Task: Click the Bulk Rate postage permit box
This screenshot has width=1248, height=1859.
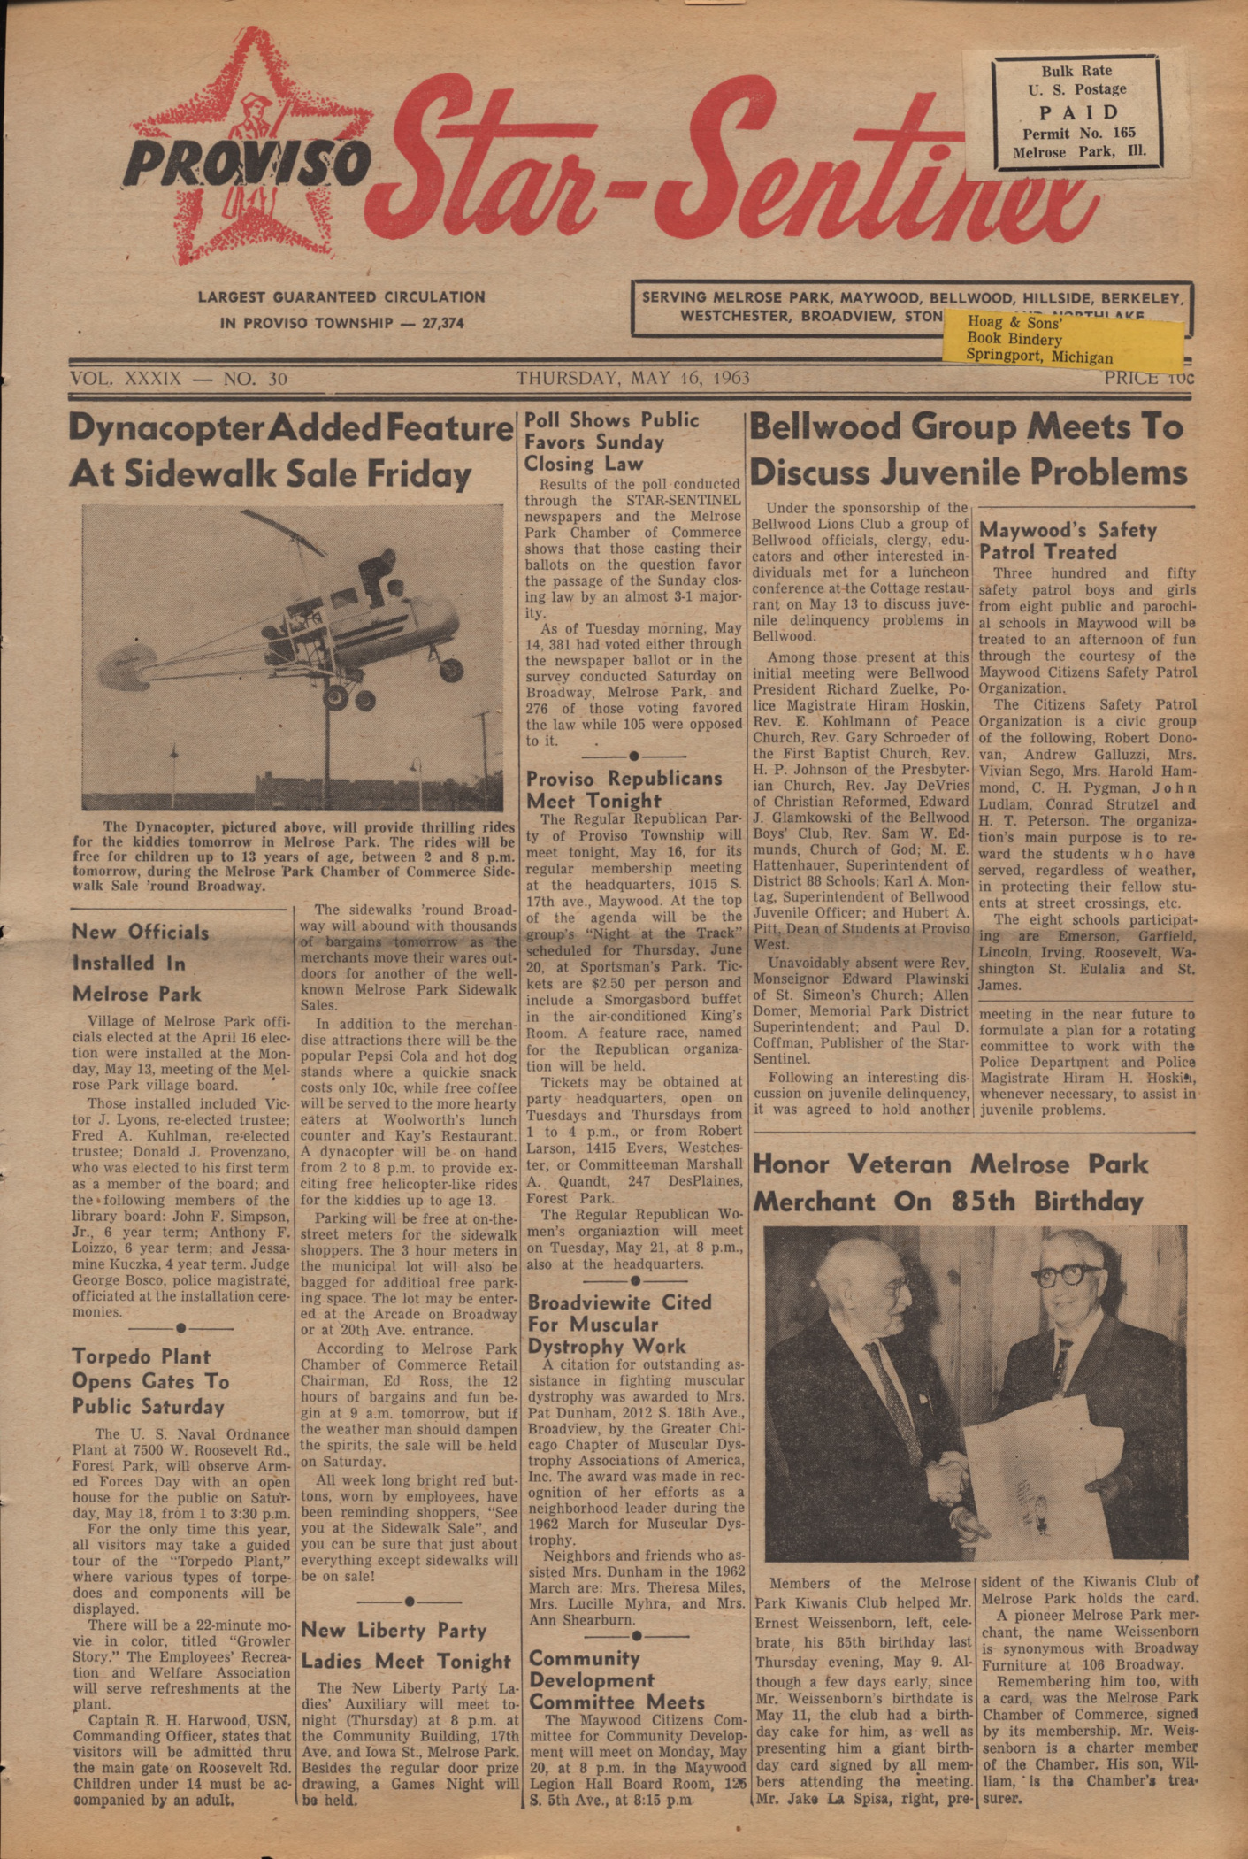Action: [x=1076, y=111]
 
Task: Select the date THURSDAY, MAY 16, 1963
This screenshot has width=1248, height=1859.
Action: [x=632, y=379]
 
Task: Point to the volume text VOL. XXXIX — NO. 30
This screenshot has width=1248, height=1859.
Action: [x=179, y=379]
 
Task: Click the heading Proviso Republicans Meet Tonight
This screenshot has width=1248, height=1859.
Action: [x=624, y=789]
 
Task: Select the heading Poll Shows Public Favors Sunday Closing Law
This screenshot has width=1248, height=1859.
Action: [x=611, y=442]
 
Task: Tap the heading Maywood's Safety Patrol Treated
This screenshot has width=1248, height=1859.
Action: [x=1067, y=541]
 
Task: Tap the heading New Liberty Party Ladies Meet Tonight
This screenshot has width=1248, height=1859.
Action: [x=406, y=1646]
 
